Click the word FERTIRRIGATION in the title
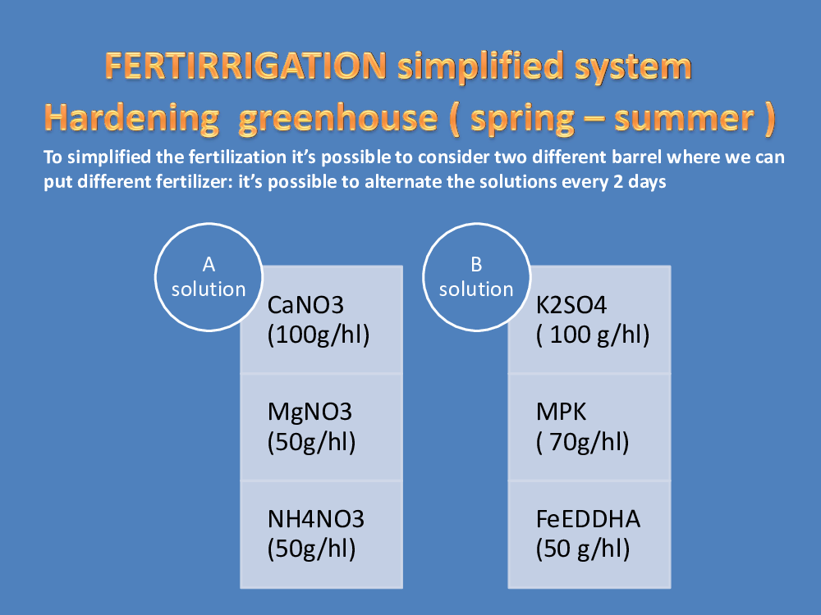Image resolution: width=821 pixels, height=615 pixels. [246, 66]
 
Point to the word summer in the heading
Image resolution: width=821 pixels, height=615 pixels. [685, 118]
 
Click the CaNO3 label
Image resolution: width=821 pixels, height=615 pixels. [305, 305]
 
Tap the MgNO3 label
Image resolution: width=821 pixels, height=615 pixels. [310, 412]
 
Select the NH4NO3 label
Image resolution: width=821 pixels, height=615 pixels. [316, 519]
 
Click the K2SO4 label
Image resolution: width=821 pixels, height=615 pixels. [571, 305]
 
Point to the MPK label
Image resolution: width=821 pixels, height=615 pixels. [561, 412]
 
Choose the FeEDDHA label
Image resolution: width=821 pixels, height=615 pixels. [588, 519]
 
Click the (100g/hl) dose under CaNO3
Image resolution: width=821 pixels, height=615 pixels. [319, 335]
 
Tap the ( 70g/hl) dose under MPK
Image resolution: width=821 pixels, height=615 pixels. [582, 443]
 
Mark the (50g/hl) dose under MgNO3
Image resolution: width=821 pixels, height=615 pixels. [311, 443]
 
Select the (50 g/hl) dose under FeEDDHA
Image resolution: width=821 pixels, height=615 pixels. [583, 549]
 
